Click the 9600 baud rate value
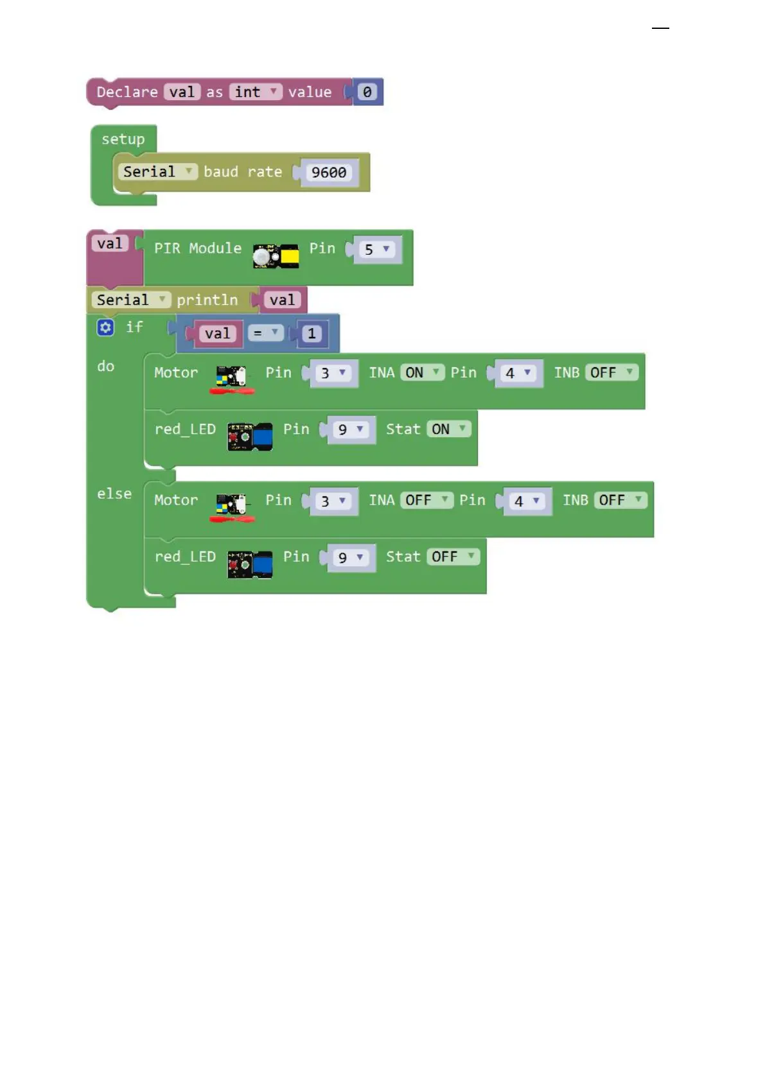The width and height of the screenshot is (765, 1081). (x=328, y=173)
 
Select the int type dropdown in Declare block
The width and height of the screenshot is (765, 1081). (x=255, y=92)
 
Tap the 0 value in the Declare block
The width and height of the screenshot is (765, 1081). (x=367, y=92)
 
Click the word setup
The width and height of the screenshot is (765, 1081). (x=123, y=139)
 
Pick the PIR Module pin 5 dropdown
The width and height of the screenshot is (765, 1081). (x=377, y=249)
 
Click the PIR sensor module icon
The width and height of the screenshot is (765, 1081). (x=276, y=256)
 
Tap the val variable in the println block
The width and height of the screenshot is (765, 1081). (x=282, y=300)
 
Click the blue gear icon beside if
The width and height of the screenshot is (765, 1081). (x=105, y=327)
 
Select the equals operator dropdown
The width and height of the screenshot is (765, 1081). (x=265, y=333)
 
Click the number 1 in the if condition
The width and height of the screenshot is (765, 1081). (x=312, y=333)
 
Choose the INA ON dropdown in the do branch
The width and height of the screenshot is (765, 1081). (x=422, y=372)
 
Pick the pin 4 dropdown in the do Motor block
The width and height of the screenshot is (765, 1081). (x=518, y=373)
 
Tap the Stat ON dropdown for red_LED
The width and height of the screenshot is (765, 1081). (x=448, y=429)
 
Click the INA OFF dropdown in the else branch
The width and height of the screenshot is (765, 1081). (x=426, y=500)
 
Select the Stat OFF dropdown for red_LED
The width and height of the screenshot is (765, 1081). (x=453, y=557)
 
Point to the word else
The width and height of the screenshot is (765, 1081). (x=114, y=494)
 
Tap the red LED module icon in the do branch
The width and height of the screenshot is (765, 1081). (x=250, y=437)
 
